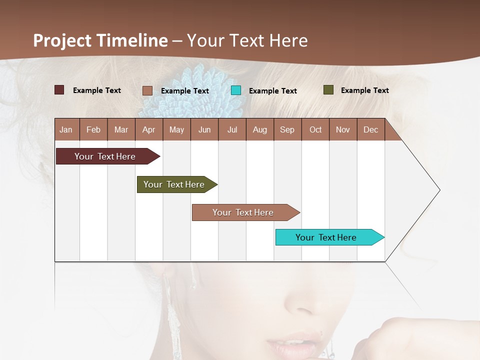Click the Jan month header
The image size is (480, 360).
(66, 130)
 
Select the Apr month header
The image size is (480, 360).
(148, 130)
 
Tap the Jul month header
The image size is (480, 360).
(232, 130)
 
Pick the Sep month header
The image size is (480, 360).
(287, 130)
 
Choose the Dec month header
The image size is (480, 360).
(370, 130)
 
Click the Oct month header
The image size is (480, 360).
(315, 130)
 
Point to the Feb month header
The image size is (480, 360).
(93, 130)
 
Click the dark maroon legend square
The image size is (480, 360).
(59, 90)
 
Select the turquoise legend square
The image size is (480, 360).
(236, 90)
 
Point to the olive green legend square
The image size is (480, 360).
(328, 90)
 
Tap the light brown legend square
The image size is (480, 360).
(147, 90)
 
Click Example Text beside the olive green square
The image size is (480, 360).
(364, 90)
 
